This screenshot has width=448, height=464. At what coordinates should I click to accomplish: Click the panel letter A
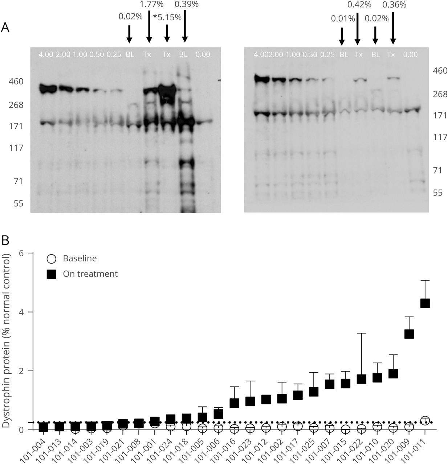[x=5, y=27]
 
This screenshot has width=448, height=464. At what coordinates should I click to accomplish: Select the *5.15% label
[x=167, y=17]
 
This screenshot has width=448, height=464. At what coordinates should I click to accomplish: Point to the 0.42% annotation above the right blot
[x=359, y=5]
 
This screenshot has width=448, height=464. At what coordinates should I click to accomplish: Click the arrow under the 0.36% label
[x=393, y=27]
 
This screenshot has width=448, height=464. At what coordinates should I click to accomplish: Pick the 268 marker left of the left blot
[x=16, y=105]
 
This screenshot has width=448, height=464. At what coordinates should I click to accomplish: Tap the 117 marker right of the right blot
[x=440, y=137]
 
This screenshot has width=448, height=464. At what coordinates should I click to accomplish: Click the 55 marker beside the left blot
[x=16, y=203]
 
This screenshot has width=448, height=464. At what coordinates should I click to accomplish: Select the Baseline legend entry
[x=80, y=258]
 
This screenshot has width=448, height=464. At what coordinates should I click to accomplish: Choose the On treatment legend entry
[x=90, y=274]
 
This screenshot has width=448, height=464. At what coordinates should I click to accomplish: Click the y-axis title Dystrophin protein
[x=7, y=341]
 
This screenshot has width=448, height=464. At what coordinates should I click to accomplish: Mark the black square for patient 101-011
[x=425, y=303]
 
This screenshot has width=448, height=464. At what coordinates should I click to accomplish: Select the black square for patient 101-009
[x=409, y=334]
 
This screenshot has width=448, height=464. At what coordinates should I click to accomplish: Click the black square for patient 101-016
[x=234, y=403]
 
